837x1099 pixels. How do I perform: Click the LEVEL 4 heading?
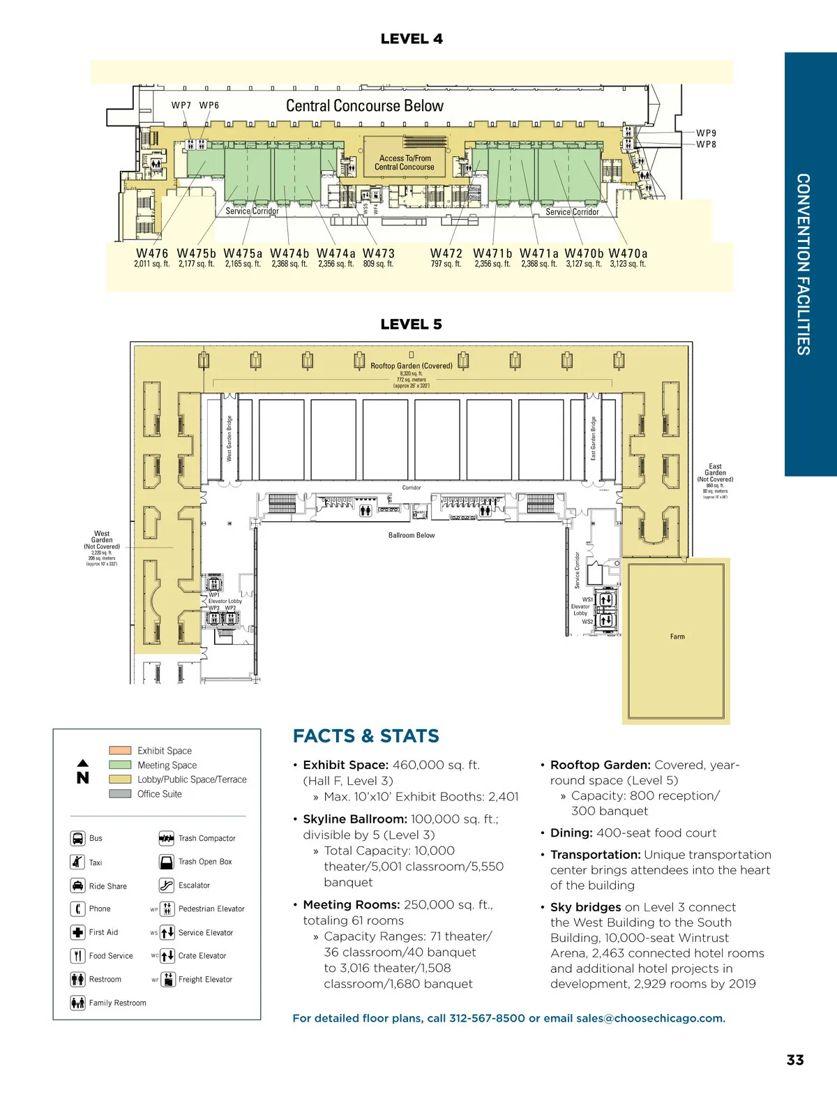coord(412,39)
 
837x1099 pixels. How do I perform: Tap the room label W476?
coord(152,254)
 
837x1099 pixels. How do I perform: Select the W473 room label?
coord(379,254)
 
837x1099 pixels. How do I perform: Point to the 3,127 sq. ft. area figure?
coord(584,264)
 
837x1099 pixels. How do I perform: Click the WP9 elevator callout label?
coord(706,133)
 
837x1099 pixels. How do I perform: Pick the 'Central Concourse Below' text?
coord(365,106)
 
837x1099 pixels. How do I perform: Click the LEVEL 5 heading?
coord(412,324)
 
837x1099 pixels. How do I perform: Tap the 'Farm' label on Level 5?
coord(677,637)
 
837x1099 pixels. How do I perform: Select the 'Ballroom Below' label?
coord(412,536)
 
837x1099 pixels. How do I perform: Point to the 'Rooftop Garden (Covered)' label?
coord(412,366)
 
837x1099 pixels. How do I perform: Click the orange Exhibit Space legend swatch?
coord(120,751)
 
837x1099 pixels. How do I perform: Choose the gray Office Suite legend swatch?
coord(120,794)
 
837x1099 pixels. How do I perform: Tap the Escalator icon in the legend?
coord(167,885)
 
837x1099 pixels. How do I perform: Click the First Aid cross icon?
coord(77,932)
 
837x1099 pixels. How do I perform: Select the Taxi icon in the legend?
coord(77,862)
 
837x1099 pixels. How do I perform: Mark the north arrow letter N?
coord(83,778)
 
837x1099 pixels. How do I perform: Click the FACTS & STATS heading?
coord(366,736)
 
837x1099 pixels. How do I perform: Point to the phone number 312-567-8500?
coord(487,1019)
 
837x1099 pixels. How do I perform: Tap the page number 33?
coord(795,1060)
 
